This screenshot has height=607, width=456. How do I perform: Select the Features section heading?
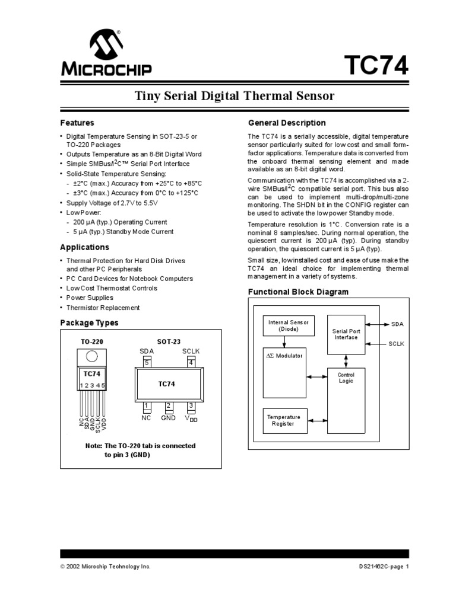[77, 123]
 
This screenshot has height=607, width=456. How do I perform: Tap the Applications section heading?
[85, 247]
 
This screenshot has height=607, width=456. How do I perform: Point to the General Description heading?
[287, 123]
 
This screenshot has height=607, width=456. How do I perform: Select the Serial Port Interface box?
[345, 334]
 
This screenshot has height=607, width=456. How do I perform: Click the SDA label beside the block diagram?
[397, 324]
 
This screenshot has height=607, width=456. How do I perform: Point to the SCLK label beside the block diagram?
[396, 343]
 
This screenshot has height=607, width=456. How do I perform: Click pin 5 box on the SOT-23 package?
[147, 363]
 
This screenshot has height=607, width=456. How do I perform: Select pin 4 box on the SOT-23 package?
[191, 363]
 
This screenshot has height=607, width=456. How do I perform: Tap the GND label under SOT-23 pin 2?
[169, 417]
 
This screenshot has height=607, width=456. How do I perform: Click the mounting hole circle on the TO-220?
[92, 356]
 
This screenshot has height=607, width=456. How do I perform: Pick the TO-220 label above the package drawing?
[92, 342]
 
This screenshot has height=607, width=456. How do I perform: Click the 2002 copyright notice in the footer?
[106, 566]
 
